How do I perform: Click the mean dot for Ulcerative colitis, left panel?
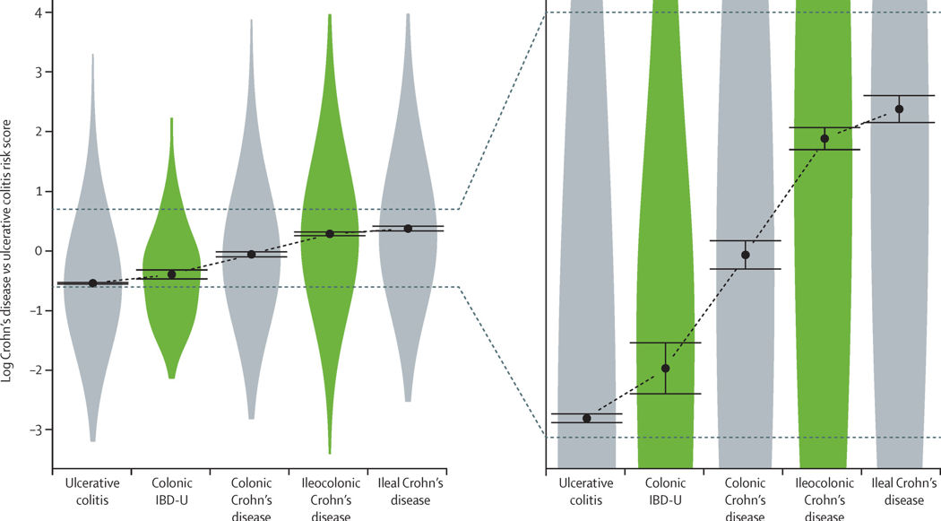pos(92,282)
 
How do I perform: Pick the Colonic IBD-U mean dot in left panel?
pos(172,274)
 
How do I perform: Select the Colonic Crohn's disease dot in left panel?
pos(251,254)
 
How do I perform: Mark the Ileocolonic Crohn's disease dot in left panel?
pos(330,233)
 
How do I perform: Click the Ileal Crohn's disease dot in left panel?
pos(408,228)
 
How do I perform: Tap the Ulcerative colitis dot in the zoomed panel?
pos(587,418)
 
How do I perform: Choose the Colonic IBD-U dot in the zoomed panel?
pos(665,368)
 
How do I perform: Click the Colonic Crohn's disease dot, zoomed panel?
pos(745,255)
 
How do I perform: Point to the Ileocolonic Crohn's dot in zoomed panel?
pos(824,138)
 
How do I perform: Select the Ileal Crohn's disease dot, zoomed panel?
pos(899,109)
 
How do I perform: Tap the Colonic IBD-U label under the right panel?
pos(665,492)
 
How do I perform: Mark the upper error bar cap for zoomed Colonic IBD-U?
pos(665,343)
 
